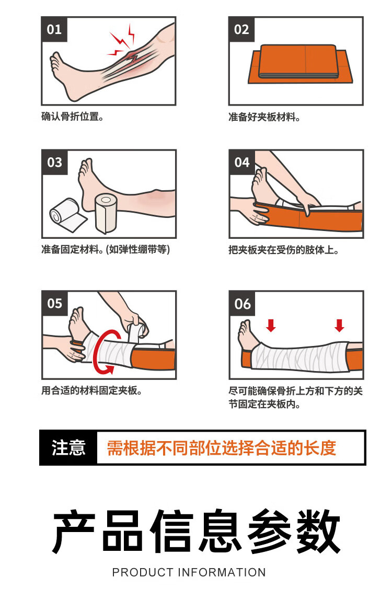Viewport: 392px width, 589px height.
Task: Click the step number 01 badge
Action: tap(54, 29)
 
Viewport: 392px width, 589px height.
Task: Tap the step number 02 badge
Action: tap(241, 29)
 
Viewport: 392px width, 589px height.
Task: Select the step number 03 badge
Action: tap(54, 162)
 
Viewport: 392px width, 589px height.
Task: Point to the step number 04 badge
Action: tap(241, 162)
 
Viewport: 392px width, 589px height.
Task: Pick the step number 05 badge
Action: tap(54, 303)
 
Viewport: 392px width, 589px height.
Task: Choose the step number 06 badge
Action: tap(242, 304)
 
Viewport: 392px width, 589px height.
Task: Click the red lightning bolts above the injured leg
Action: tap(122, 42)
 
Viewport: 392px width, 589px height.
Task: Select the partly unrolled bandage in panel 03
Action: tap(67, 216)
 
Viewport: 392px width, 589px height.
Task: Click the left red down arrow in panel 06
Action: tap(271, 325)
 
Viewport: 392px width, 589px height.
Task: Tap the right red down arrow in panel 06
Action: tap(339, 325)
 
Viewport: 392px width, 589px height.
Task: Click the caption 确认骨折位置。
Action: tap(72, 117)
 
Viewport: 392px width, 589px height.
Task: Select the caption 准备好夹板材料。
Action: tap(264, 117)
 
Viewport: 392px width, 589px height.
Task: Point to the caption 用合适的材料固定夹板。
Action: tap(91, 391)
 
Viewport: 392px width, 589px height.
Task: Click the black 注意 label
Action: tap(68, 448)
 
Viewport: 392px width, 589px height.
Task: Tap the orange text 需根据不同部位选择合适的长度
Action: tap(222, 448)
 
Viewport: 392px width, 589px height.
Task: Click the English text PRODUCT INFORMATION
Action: tap(189, 572)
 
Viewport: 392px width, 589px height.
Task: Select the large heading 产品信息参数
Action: tap(196, 531)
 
